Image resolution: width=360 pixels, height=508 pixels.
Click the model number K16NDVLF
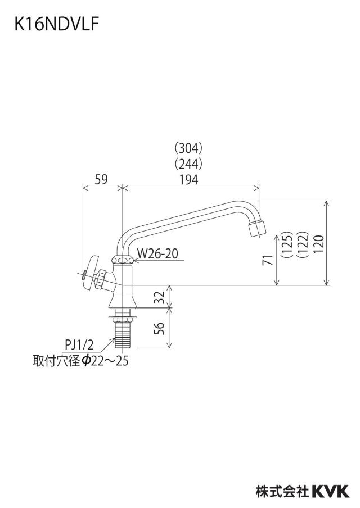coord(56,24)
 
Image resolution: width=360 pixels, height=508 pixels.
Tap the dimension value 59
coord(101,179)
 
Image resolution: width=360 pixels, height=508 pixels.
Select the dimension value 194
coord(189,179)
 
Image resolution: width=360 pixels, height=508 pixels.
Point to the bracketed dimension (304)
coord(188,148)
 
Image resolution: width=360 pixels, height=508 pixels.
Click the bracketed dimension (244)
coord(188,164)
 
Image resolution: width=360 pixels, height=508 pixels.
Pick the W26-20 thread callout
coord(157,253)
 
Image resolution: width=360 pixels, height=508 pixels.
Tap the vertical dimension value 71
coord(268,260)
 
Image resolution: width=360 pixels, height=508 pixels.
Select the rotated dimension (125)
coord(287,244)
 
